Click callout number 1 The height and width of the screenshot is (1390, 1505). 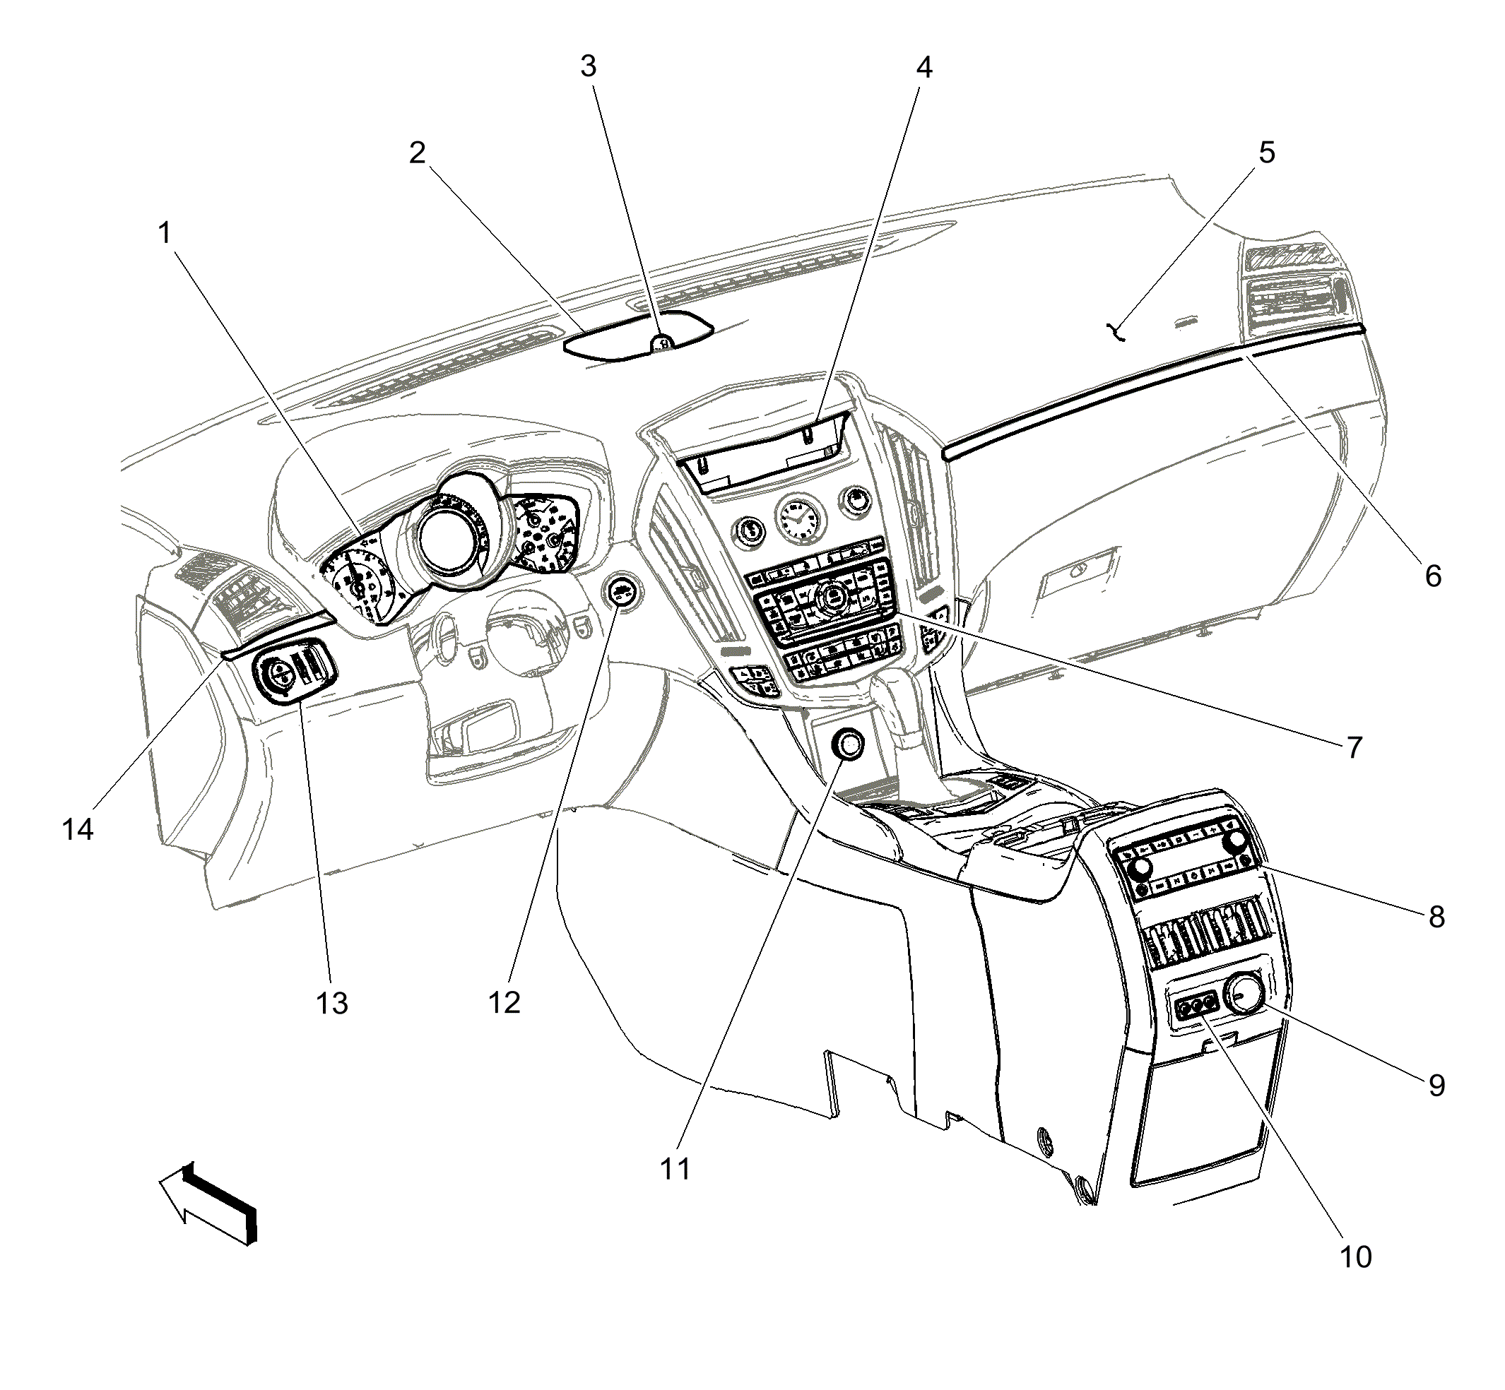click(x=164, y=234)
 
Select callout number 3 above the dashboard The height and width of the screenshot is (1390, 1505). click(x=589, y=67)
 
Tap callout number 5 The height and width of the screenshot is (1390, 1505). click(x=1267, y=153)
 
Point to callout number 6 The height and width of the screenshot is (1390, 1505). click(x=1434, y=576)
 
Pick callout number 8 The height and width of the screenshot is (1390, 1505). click(x=1436, y=917)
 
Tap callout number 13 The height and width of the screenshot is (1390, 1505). click(x=332, y=1004)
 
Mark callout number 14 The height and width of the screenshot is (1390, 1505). click(x=78, y=830)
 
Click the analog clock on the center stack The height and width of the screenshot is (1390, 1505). click(x=798, y=521)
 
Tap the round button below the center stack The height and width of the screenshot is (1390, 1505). click(x=849, y=745)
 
